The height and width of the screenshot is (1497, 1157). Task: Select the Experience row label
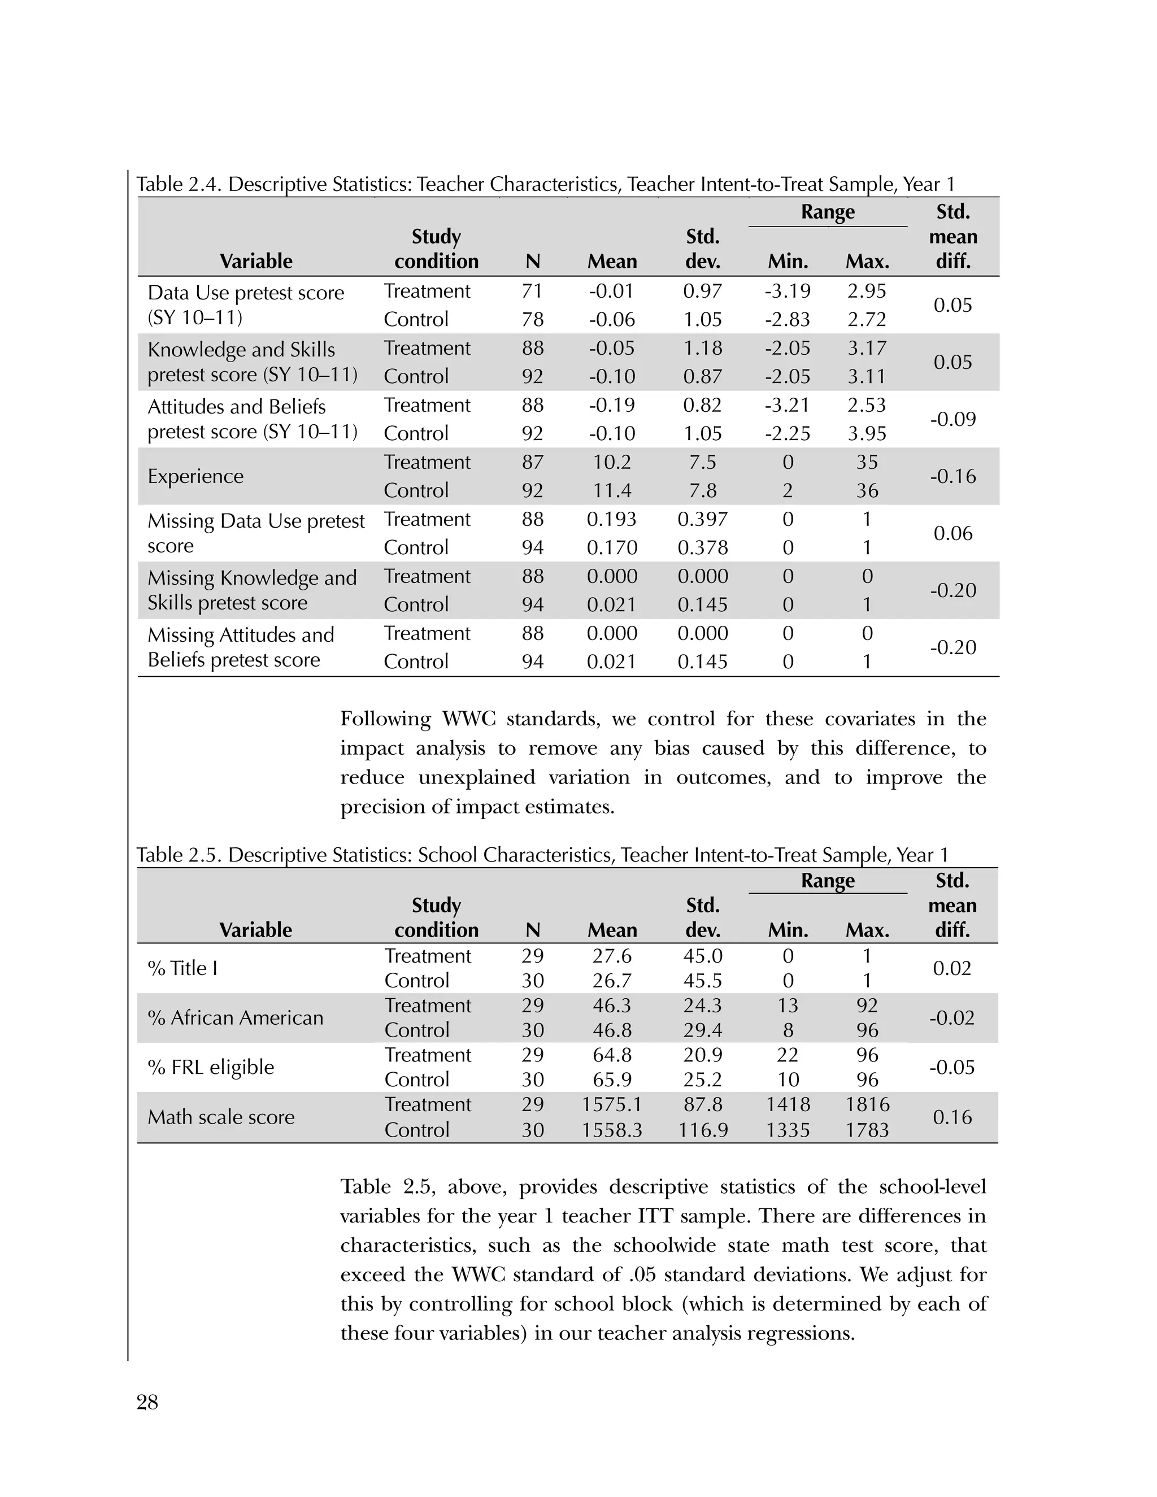pyautogui.click(x=195, y=476)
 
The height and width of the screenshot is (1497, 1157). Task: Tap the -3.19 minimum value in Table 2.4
pyautogui.click(x=788, y=291)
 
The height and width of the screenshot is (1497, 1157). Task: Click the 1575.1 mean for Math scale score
pyautogui.click(x=611, y=1104)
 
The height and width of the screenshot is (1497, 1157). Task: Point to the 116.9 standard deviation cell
pyautogui.click(x=703, y=1130)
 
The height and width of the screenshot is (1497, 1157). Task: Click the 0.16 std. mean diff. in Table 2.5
pyautogui.click(x=952, y=1117)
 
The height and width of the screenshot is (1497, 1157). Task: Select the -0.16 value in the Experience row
pyautogui.click(x=952, y=476)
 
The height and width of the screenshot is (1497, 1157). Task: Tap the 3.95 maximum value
pyautogui.click(x=867, y=433)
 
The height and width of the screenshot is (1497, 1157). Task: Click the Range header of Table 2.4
pyautogui.click(x=827, y=212)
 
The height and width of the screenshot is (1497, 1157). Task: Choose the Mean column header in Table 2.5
pyautogui.click(x=611, y=930)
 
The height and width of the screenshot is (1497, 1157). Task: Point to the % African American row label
pyautogui.click(x=235, y=1018)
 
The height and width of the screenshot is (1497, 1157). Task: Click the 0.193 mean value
pyautogui.click(x=611, y=520)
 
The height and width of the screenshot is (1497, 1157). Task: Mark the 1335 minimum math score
pyautogui.click(x=788, y=1130)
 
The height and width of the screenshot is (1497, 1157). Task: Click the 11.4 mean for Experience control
pyautogui.click(x=611, y=491)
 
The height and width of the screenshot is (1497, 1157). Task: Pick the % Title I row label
pyautogui.click(x=182, y=968)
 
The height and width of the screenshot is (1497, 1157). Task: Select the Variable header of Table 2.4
pyautogui.click(x=256, y=261)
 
